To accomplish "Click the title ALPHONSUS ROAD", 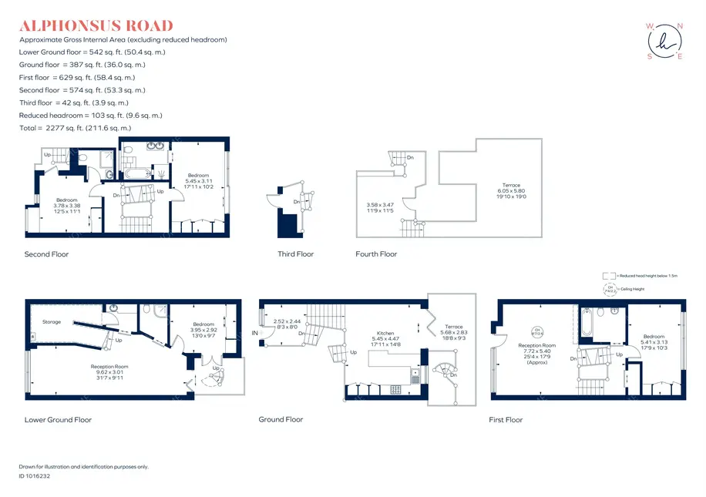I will [x=96, y=26].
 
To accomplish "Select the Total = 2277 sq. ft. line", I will [x=75, y=128].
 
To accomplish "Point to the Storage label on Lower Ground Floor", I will [x=52, y=322].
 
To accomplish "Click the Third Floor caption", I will [x=296, y=254].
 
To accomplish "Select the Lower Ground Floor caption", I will [x=58, y=420].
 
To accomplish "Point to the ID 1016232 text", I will [x=35, y=477].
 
